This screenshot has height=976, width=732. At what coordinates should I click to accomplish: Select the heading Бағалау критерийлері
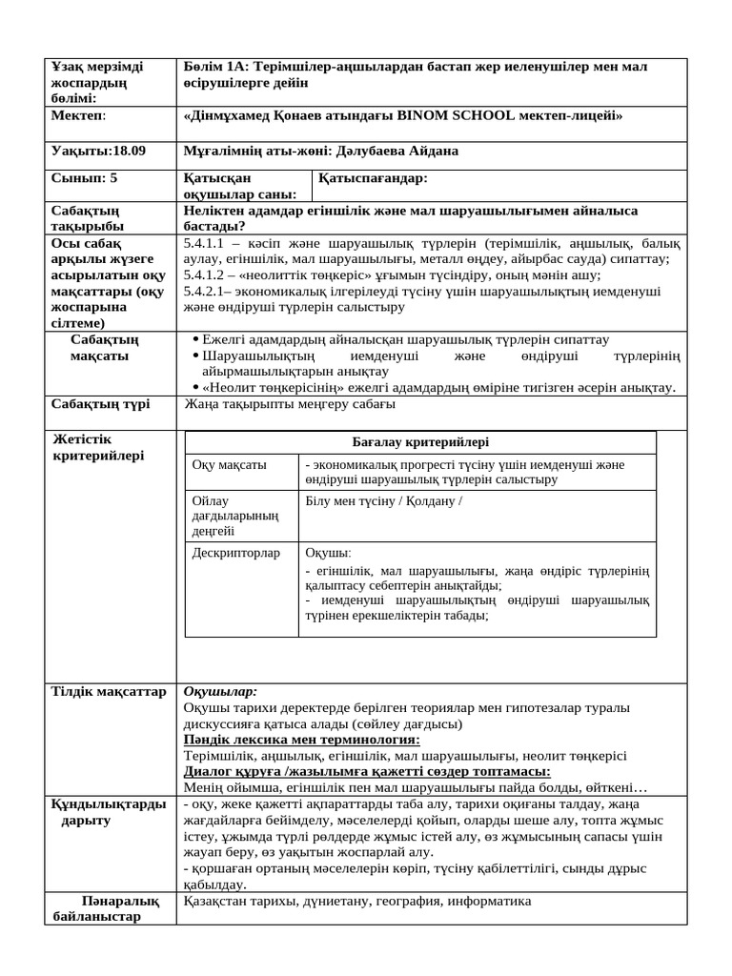point(419,443)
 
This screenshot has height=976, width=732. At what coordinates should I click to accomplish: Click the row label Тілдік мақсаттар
point(109,692)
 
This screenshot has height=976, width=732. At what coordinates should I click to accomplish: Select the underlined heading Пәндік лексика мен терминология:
point(301,740)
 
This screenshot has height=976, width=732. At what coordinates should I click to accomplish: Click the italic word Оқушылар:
point(220,691)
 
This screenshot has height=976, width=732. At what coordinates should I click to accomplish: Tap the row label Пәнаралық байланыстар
point(107,909)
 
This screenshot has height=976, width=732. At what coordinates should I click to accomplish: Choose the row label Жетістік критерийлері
point(99,447)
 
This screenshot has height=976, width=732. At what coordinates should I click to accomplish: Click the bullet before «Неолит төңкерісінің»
point(195,387)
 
